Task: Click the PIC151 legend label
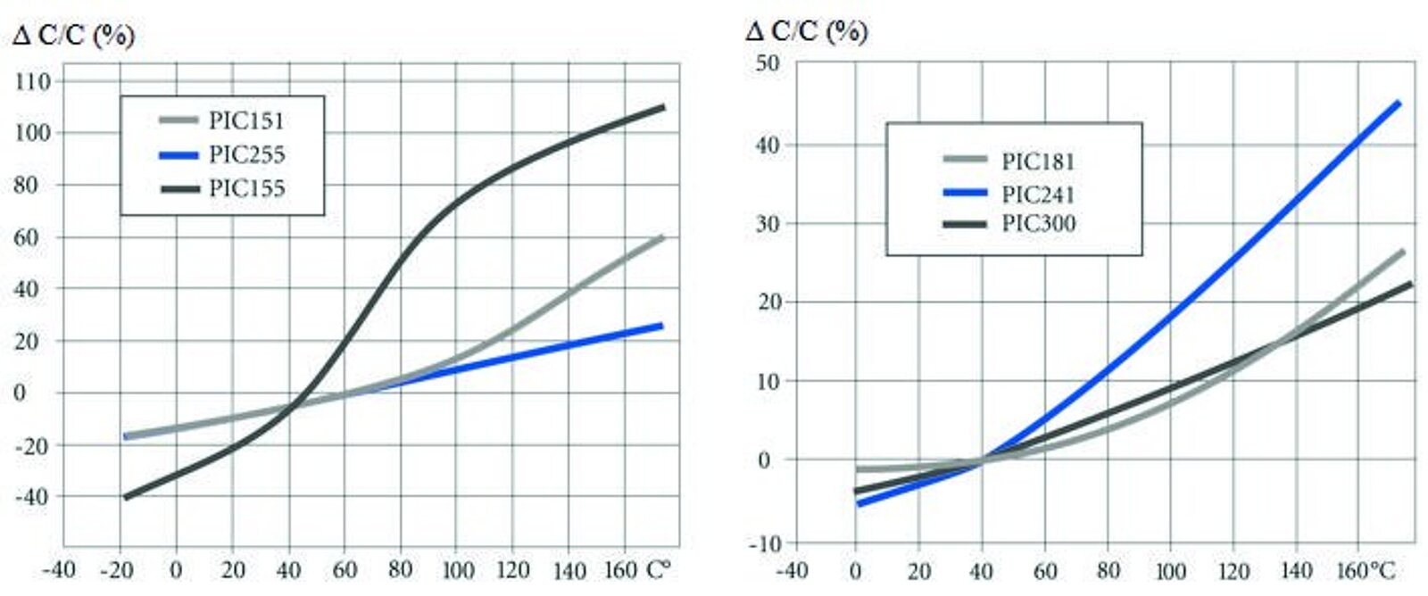click(x=246, y=120)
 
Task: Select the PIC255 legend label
click(x=246, y=155)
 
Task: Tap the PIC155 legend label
click(x=246, y=189)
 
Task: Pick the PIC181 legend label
click(x=1038, y=161)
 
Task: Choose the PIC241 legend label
click(x=1038, y=194)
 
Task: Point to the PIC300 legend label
click(x=1038, y=223)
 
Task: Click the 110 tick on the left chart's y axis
click(x=33, y=82)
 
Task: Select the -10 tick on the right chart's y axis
click(x=763, y=543)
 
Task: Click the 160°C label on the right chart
click(x=1366, y=570)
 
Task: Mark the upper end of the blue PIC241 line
click(x=1399, y=103)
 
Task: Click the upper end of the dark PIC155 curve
click(x=663, y=107)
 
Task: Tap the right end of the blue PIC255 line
click(x=661, y=326)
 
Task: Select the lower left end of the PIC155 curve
click(x=125, y=497)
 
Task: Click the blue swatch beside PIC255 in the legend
click(x=178, y=155)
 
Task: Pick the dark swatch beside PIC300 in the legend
click(x=965, y=224)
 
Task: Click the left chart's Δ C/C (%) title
click(x=73, y=36)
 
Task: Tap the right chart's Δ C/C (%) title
click(x=806, y=32)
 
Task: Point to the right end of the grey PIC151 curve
click(x=662, y=237)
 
